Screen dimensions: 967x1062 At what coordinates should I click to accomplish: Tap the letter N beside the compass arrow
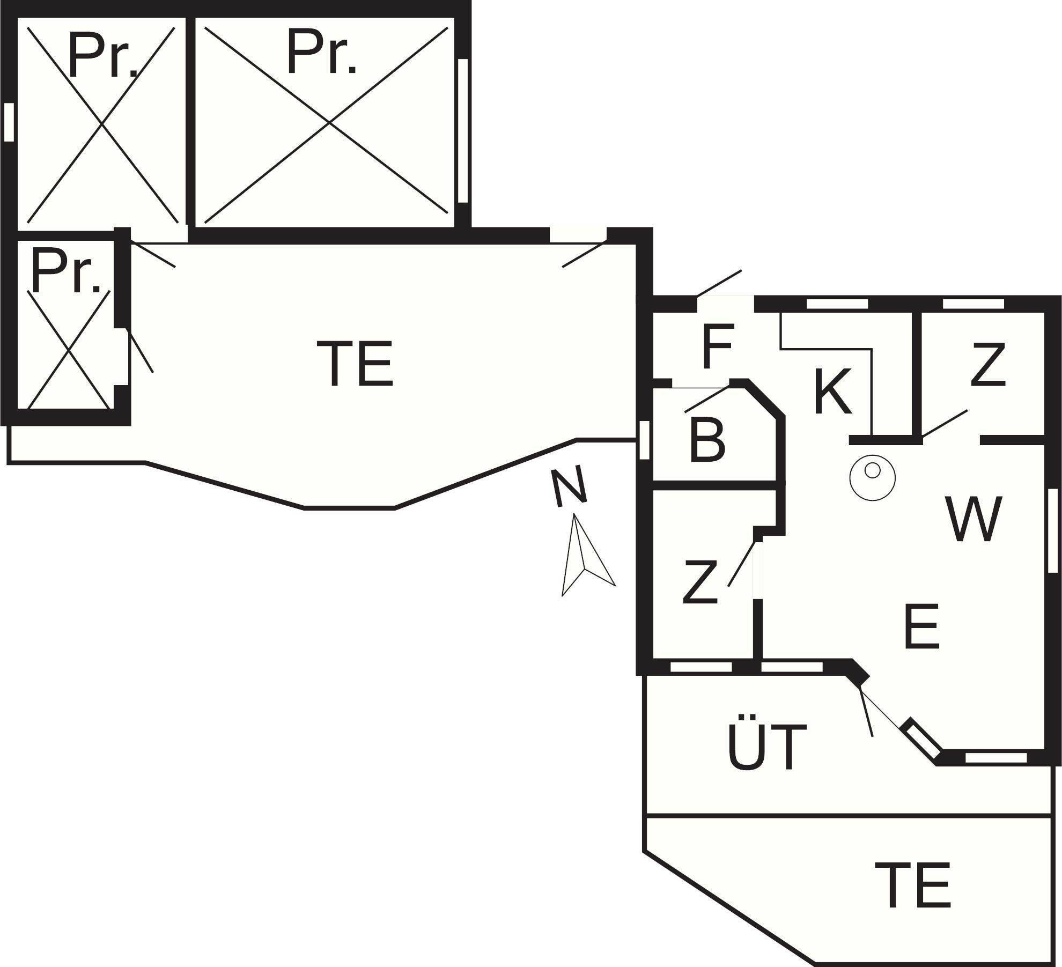point(570,485)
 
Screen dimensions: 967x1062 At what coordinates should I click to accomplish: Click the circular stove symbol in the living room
point(872,478)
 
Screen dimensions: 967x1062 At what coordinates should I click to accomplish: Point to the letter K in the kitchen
point(832,392)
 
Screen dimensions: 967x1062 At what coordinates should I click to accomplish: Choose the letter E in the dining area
point(921,625)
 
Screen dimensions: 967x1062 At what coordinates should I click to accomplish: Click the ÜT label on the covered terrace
point(767,742)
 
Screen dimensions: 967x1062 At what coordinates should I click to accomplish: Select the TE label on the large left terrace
point(355,363)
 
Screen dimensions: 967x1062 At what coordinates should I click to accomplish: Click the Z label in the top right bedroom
point(987,365)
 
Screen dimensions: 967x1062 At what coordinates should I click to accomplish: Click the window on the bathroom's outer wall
point(645,440)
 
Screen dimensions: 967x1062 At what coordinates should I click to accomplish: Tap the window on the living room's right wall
point(1053,530)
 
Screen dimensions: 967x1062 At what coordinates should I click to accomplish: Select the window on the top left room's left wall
point(9,122)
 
